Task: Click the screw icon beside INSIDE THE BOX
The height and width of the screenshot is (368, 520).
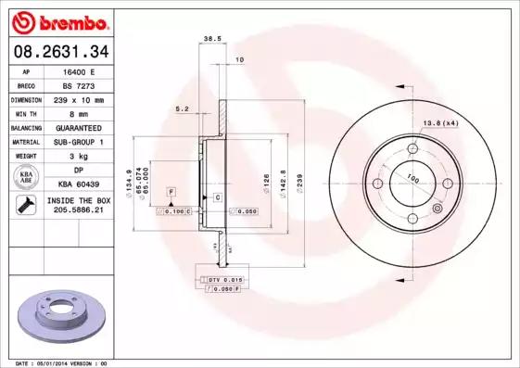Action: [x=23, y=206]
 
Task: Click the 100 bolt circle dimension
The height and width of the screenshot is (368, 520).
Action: [x=412, y=179]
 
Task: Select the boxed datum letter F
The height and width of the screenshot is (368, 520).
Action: [x=171, y=191]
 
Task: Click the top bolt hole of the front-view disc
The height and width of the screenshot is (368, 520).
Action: [x=411, y=146]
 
